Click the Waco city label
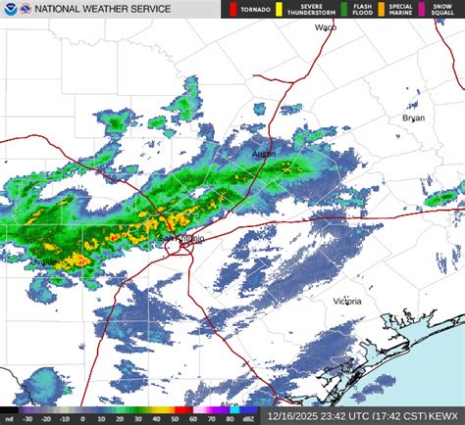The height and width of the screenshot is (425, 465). pos(325,28)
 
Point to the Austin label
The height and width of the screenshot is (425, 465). pos(264,155)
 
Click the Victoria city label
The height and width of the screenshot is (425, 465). pos(348,301)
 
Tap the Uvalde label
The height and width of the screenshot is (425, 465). pos(42,263)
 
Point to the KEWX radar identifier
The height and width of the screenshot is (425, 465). pos(445,416)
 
